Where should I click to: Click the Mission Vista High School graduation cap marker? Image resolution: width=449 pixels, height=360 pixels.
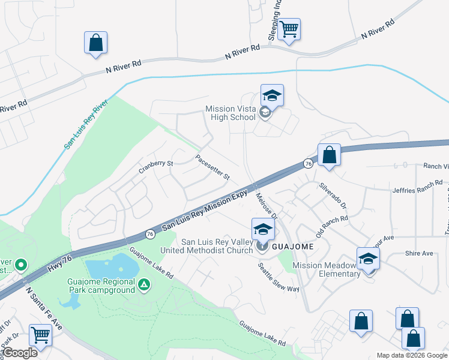coord(272,96)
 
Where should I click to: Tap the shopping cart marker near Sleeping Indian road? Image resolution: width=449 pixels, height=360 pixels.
coord(289,29)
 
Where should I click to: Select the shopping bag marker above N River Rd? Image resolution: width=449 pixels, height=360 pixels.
coord(95,43)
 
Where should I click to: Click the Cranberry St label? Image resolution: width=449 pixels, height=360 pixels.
coord(156,163)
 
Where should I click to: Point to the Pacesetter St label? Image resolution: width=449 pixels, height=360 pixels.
coord(213,167)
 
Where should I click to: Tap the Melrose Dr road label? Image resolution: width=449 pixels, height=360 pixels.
coord(267,205)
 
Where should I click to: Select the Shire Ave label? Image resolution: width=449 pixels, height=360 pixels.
coord(419,253)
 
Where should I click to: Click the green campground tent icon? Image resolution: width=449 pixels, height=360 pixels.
coord(143,284)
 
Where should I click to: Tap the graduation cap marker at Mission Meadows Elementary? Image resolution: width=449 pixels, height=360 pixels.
coord(368,259)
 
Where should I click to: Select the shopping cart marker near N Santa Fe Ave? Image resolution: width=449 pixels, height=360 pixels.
coord(40,334)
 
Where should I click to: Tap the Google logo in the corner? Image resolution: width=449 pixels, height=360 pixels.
coord(19,353)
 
